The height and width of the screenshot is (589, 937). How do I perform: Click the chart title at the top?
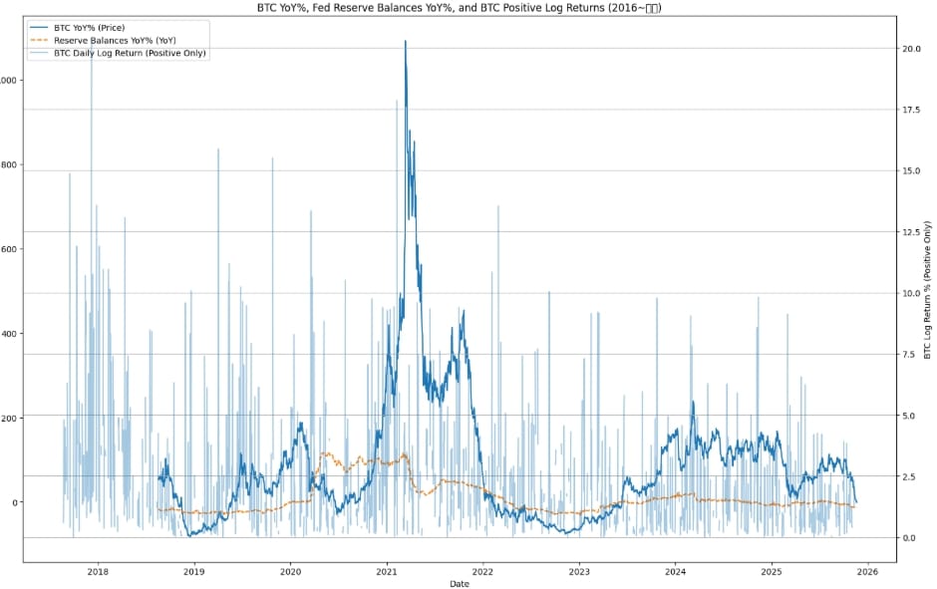pos(468,7)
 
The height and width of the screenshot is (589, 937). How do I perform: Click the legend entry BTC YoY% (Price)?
pos(95,27)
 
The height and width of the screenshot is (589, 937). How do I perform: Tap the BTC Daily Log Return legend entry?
pos(130,53)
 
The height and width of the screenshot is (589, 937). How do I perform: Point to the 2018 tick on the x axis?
pos(98,572)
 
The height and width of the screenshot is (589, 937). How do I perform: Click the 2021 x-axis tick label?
pos(387,572)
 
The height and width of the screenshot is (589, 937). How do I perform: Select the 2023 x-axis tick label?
pos(579,572)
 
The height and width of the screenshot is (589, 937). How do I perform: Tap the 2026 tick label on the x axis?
pos(867,572)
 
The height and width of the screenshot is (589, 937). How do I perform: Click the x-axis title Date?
pos(460,583)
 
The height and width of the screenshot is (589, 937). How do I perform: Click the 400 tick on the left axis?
pos(11,335)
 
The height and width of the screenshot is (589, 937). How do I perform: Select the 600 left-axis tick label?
pos(11,250)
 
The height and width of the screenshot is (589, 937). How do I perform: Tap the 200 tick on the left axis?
pos(11,419)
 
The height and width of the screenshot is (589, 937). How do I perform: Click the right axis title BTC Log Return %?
pos(927,289)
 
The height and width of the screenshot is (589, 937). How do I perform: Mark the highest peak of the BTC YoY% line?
pos(405,42)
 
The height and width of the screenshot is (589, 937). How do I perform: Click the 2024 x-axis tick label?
pos(675,572)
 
